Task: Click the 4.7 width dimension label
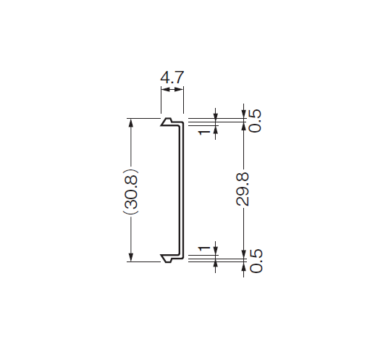coord(172,78)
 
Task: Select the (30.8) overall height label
coord(130,191)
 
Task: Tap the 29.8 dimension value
coord(243,189)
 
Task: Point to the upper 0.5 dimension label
coord(256,121)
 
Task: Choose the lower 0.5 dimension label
coord(256,261)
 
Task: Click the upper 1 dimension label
coord(204,133)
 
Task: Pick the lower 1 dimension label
coord(204,248)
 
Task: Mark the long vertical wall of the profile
coord(182,191)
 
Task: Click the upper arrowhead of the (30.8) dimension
coord(131,122)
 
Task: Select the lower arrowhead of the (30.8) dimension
coord(131,257)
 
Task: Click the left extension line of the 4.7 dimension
coord(161,100)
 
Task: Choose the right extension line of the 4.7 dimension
coord(183,100)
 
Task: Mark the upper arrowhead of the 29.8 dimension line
coord(243,126)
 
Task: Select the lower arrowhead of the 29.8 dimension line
coord(243,254)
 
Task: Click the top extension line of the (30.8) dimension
coord(143,118)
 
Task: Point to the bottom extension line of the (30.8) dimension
coord(143,261)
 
